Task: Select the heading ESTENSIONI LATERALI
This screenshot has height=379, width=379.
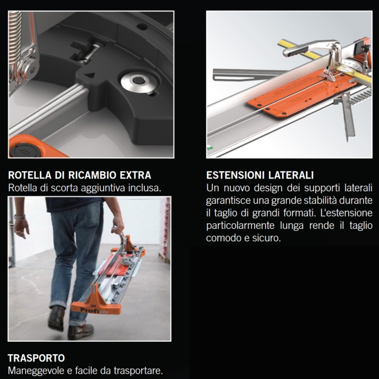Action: tap(260, 175)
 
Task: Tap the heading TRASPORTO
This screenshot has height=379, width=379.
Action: tap(36, 358)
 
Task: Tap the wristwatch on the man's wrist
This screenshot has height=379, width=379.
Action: tap(20, 217)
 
